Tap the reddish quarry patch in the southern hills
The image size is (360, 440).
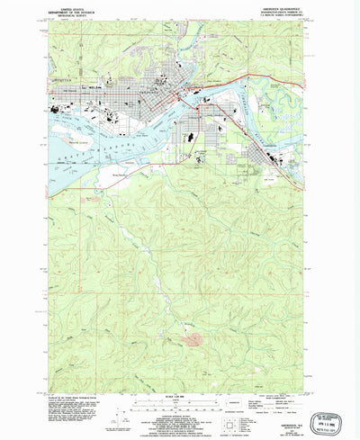193,338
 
